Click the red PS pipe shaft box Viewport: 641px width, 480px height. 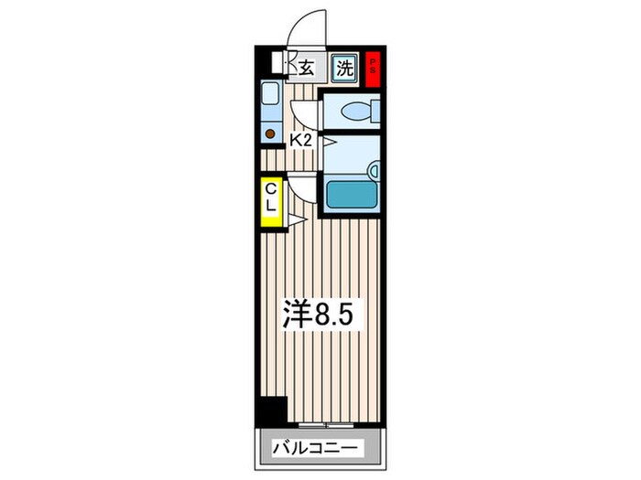point(373,68)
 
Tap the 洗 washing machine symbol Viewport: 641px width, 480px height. point(343,68)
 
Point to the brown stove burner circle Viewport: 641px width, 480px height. point(270,133)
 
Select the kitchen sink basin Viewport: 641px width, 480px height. point(270,94)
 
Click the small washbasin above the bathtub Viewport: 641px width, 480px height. point(373,168)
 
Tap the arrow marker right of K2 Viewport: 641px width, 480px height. point(322,142)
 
